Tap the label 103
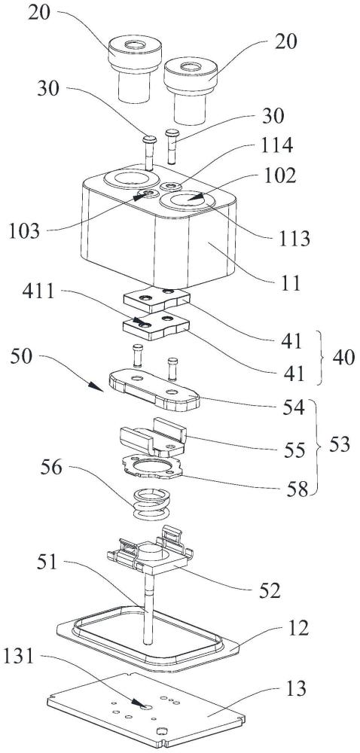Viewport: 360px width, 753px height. click(x=24, y=231)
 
